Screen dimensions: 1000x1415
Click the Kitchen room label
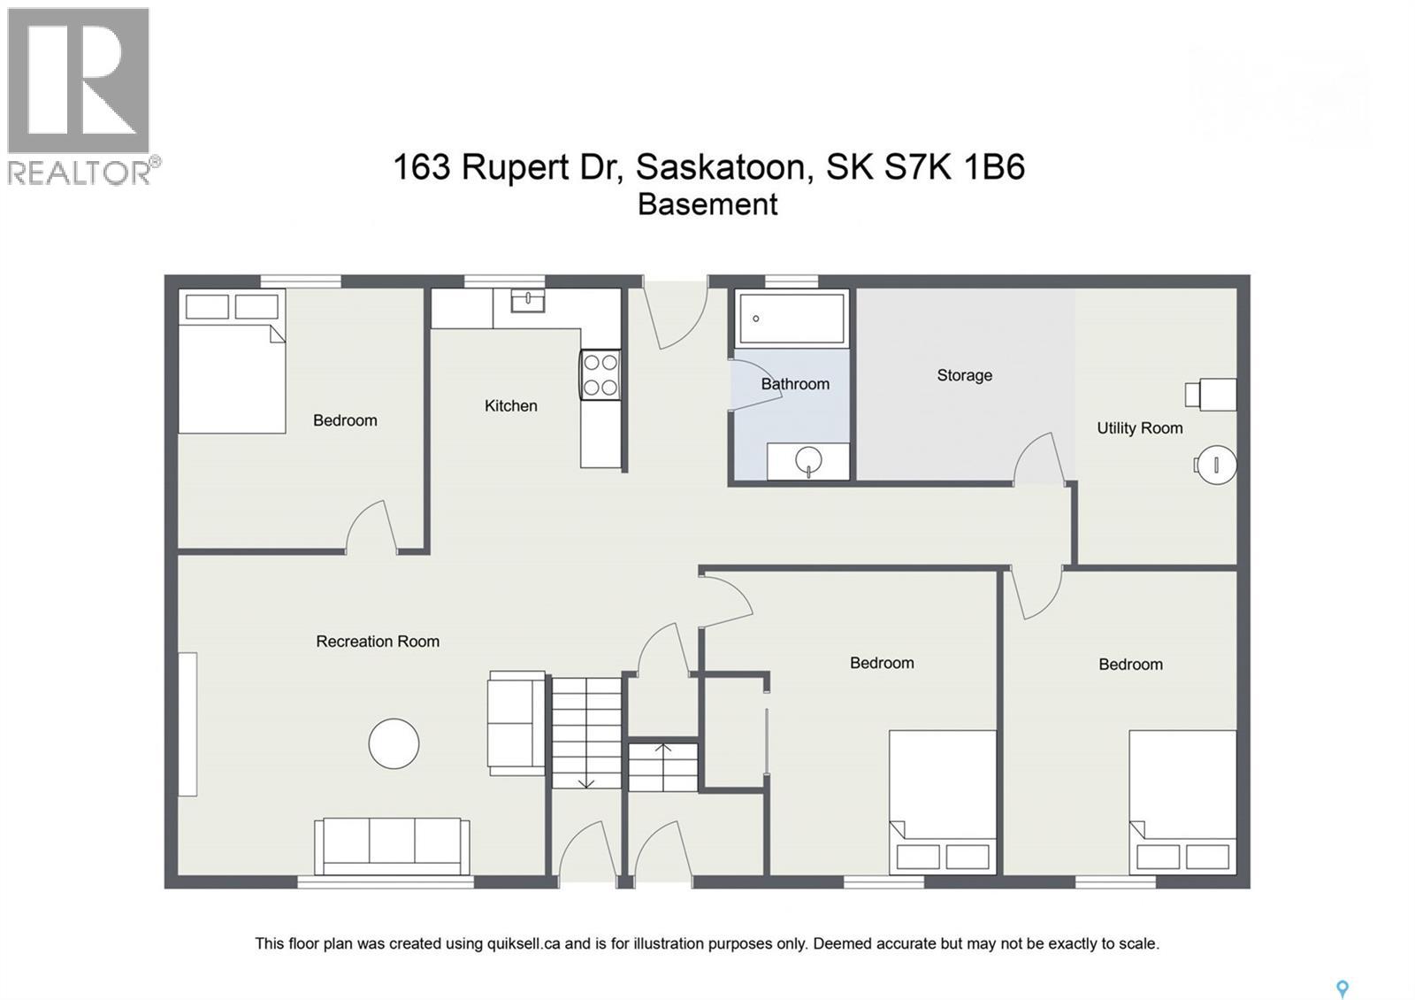click(x=510, y=406)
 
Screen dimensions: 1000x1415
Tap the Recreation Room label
click(x=378, y=642)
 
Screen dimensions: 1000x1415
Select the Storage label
click(x=964, y=375)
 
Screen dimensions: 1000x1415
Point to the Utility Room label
click(x=1139, y=428)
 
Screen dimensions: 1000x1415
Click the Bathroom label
click(x=795, y=384)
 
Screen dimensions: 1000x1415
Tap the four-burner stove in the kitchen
click(x=600, y=374)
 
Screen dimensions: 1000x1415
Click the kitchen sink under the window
click(x=527, y=302)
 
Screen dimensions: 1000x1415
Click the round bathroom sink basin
click(x=808, y=460)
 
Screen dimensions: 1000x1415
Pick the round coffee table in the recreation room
click(x=394, y=743)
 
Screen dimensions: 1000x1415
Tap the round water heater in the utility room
click(x=1216, y=464)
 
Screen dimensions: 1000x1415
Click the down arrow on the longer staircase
click(x=585, y=780)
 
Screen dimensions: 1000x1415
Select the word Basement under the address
click(x=707, y=204)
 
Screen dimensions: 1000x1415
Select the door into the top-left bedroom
click(x=371, y=528)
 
